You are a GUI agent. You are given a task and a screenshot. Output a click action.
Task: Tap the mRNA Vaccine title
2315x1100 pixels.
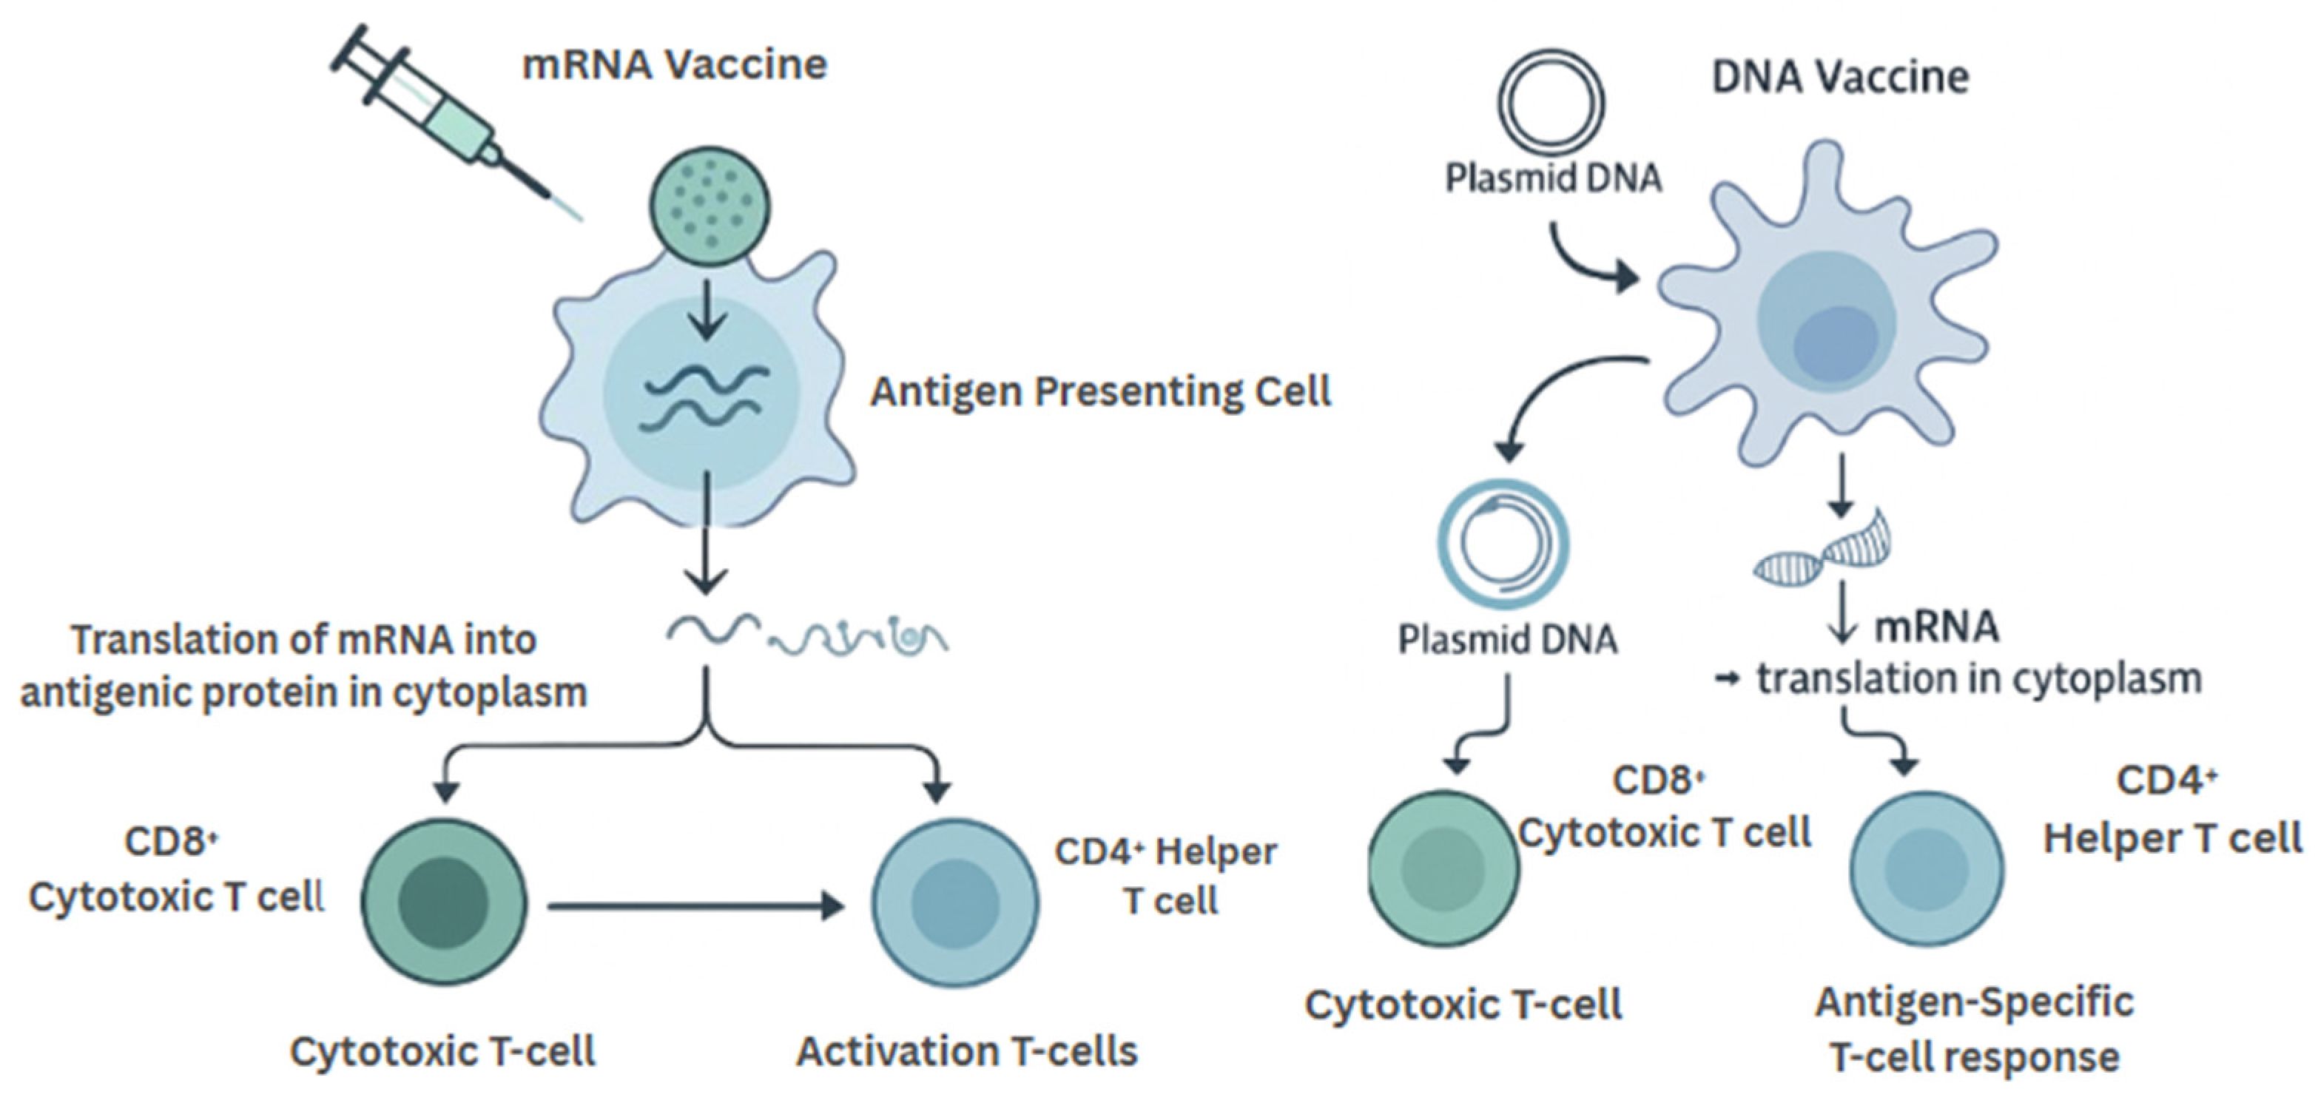click(x=674, y=64)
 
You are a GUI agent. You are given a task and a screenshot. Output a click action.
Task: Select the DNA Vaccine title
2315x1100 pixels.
click(x=1839, y=76)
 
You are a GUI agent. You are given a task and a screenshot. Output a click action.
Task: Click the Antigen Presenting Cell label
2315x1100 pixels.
click(x=1100, y=392)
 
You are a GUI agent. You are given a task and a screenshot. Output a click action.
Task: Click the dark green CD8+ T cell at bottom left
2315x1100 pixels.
click(x=444, y=902)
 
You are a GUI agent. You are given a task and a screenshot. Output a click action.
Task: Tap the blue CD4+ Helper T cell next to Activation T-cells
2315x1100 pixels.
click(x=955, y=902)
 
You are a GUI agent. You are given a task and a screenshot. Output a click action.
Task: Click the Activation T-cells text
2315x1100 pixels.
click(x=967, y=1051)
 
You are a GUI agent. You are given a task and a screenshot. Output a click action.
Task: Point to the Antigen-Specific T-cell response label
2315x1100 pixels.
click(x=1975, y=1029)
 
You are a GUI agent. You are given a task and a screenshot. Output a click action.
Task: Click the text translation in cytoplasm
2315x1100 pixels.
click(x=1977, y=679)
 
